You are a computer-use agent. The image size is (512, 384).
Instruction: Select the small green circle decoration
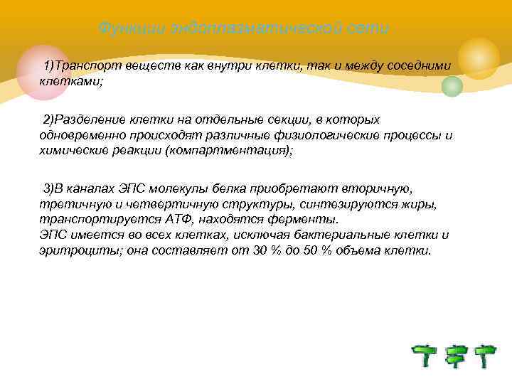(452, 86)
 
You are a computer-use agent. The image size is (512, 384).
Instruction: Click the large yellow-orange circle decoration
(478, 58)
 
